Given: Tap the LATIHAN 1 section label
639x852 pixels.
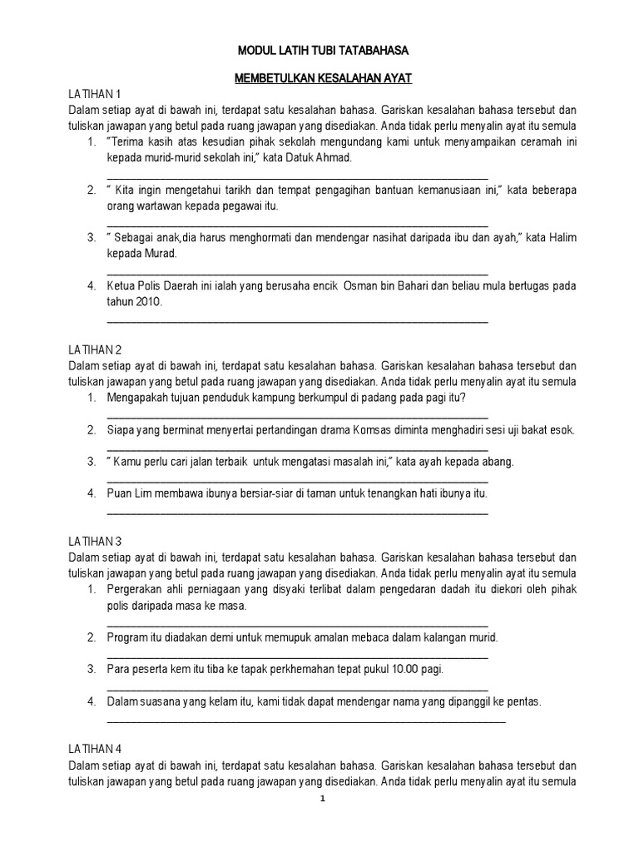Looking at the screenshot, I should tap(92, 92).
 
